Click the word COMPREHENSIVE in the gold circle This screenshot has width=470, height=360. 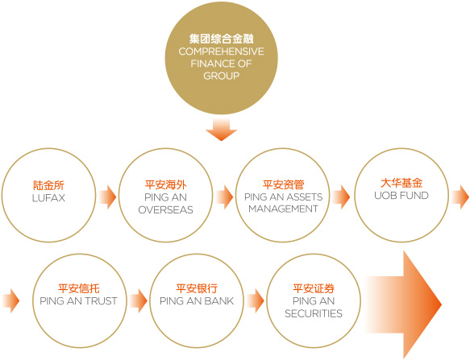click(221, 52)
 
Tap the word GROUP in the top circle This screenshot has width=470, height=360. click(221, 76)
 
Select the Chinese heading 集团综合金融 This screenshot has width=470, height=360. click(221, 39)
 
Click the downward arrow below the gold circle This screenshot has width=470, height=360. click(221, 130)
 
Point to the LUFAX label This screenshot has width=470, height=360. click(48, 198)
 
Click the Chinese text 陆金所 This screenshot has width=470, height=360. click(48, 185)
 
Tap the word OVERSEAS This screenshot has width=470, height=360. click(165, 209)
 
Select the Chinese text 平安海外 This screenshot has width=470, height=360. click(165, 184)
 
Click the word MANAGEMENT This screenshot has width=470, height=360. click(283, 209)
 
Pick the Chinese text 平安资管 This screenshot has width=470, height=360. click(283, 184)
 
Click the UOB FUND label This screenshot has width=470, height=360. click(401, 196)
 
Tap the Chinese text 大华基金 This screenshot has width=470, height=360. click(401, 183)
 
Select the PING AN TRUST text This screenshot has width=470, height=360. click(78, 301)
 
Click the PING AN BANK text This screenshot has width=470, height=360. click(197, 301)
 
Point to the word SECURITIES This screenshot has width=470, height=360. click(314, 313)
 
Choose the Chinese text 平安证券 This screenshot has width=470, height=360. click(314, 288)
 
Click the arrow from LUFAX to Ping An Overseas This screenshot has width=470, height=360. click(107, 197)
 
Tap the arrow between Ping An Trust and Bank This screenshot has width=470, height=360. click(139, 300)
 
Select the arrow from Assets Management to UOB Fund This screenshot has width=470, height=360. click(341, 197)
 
